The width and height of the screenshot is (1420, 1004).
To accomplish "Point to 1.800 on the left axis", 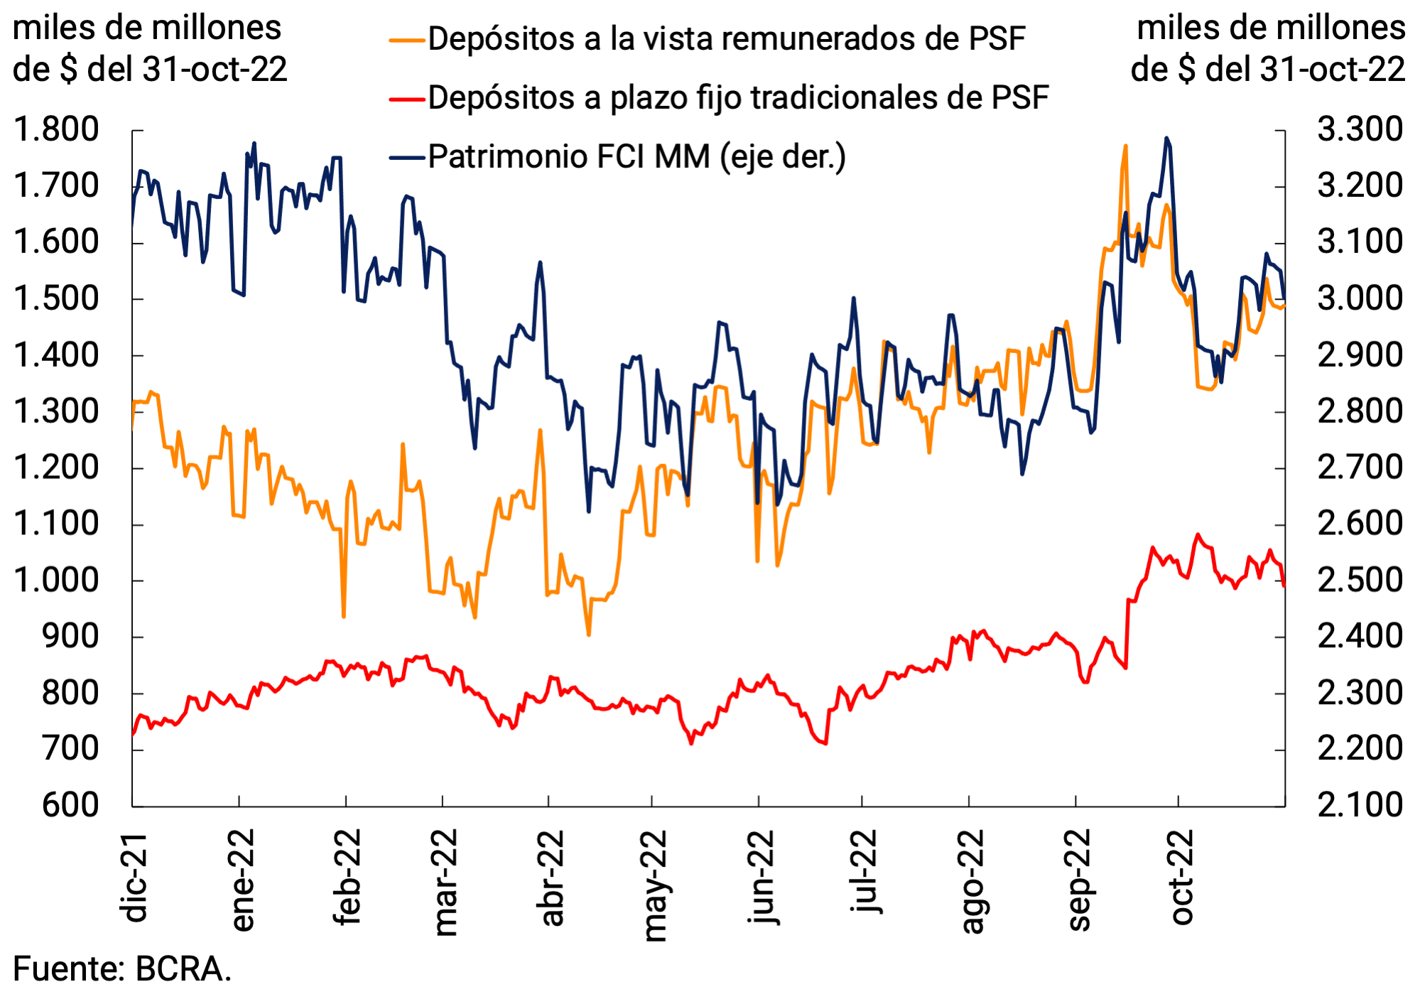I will click(56, 130).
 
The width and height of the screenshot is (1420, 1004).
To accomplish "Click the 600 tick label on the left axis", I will click(70, 806).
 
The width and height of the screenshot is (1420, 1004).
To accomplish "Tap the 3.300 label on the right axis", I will click(1360, 130).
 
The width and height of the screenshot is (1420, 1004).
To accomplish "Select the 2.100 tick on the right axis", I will click(1360, 806).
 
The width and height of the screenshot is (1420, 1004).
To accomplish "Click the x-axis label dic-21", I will click(134, 878).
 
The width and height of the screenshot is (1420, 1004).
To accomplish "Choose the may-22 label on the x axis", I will click(654, 885).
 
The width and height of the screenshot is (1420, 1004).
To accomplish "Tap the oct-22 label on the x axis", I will click(1181, 878).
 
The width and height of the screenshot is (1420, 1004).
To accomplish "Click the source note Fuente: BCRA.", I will click(122, 969).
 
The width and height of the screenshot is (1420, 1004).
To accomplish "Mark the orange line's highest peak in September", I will click(1125, 146).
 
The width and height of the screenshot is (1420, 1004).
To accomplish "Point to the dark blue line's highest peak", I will click(1166, 138).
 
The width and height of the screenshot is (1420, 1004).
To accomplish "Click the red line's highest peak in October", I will click(1198, 534).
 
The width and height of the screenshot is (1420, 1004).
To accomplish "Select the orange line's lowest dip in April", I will click(589, 634).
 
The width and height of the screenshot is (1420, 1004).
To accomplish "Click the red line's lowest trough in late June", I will click(825, 743).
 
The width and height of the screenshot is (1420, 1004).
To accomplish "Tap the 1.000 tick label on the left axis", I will click(56, 581).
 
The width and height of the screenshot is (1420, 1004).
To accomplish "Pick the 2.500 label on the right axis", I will click(1360, 581).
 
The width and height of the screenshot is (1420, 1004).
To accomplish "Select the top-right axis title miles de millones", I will click(1270, 28).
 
